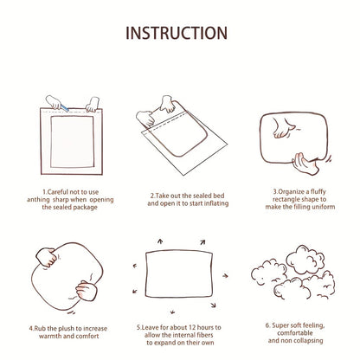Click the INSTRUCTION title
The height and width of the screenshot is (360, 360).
point(177,33)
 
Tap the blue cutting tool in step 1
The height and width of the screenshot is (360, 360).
point(64,108)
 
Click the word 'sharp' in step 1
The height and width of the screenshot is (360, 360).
point(61,200)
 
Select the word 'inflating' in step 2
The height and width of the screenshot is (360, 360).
point(216,203)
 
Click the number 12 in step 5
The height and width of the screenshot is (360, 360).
point(192,327)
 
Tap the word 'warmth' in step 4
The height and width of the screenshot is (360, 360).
point(50,336)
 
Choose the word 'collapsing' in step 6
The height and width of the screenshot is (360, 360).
point(309,341)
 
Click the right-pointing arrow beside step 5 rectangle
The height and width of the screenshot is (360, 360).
point(225,276)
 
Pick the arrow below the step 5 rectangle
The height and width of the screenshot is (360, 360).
point(172,312)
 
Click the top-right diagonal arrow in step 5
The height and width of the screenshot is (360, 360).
point(202,242)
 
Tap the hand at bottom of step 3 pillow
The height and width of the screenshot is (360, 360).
point(305,164)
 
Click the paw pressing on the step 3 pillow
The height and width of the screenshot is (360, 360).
point(283,127)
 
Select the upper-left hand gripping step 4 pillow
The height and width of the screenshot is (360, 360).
point(46,257)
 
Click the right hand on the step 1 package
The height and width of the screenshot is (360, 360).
point(93,105)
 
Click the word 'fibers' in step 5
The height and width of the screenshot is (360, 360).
point(204,335)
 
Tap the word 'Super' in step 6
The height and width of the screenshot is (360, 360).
point(280,325)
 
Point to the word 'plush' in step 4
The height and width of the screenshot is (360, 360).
point(66,329)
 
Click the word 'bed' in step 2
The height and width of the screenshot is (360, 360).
point(219,196)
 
